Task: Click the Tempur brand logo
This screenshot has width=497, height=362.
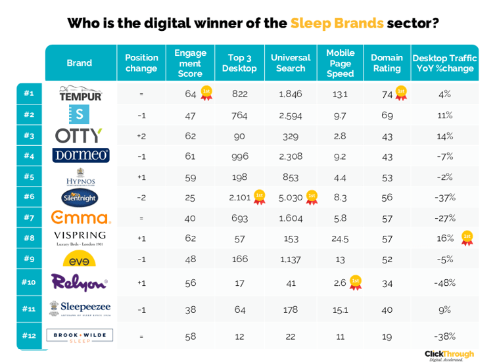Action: click(80, 93)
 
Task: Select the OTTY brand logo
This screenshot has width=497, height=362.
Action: click(80, 135)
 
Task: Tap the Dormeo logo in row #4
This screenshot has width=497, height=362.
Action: click(80, 156)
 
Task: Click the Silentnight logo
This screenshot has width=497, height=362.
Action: click(80, 196)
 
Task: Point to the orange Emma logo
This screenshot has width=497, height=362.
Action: click(80, 217)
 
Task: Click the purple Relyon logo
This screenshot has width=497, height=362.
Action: click(80, 283)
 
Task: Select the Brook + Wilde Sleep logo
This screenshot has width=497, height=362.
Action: click(80, 336)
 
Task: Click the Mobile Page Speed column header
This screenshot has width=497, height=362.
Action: click(340, 63)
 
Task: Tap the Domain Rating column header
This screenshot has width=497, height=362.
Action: click(387, 63)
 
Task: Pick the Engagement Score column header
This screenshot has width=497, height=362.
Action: click(190, 63)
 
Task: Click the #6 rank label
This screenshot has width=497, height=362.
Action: click(29, 196)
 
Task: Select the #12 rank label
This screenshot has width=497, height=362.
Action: click(29, 336)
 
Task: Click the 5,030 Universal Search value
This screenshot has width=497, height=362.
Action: click(290, 196)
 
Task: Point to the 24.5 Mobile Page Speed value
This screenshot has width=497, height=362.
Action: click(340, 238)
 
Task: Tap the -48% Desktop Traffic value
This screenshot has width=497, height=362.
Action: click(444, 283)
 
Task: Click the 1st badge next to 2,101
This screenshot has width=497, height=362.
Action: click(259, 196)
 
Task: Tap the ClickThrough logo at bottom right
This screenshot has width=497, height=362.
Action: click(449, 355)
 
